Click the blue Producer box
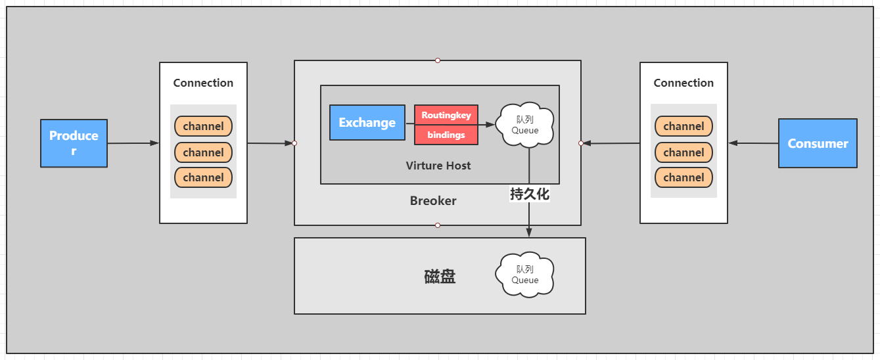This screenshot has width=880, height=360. (74, 143)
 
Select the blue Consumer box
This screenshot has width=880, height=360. (818, 143)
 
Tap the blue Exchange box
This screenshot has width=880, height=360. (367, 122)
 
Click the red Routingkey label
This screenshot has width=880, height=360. (446, 115)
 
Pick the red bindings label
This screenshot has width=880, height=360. (446, 135)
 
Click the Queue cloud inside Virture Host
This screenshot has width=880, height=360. (525, 125)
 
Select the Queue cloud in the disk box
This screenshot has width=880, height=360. (525, 275)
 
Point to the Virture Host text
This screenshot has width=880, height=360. (438, 166)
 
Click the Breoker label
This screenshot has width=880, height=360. (433, 201)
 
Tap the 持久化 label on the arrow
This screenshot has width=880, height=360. (529, 194)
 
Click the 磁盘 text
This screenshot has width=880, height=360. (440, 277)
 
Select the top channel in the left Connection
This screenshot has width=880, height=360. (203, 126)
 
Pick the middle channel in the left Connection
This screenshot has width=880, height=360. (203, 152)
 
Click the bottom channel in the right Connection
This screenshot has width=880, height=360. (683, 177)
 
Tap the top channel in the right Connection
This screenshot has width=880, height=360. (683, 126)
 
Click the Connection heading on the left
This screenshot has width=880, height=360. (203, 83)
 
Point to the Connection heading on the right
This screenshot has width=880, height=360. (683, 83)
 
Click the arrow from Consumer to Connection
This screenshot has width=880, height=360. (753, 143)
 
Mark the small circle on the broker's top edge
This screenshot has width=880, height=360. (438, 60)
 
